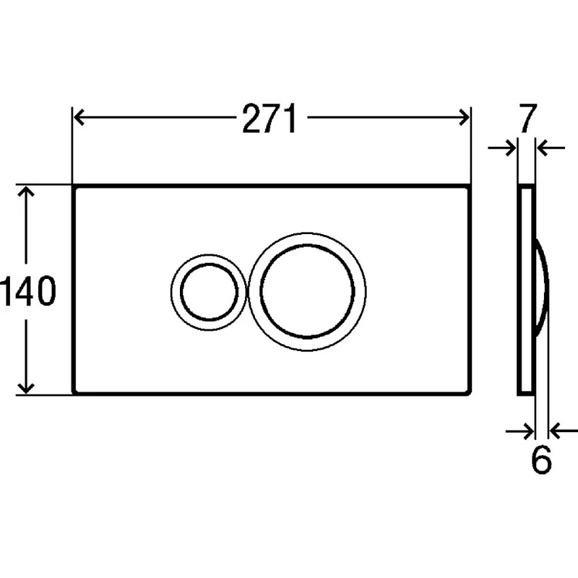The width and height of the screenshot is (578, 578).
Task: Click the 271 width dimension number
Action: click(269, 118)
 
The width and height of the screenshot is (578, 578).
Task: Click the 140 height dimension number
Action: click(28, 291)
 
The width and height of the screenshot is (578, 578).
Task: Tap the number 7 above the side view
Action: click(528, 118)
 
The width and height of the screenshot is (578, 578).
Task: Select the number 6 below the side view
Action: click(541, 460)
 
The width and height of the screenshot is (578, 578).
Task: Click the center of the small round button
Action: click(209, 292)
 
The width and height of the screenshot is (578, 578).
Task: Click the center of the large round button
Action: click(308, 291)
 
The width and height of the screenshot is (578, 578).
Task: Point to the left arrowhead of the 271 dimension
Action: click(79, 118)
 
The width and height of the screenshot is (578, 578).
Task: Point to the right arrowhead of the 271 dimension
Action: click(464, 118)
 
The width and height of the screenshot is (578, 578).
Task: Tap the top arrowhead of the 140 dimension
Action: click(26, 191)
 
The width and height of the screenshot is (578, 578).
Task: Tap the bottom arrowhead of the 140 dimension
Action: click(26, 388)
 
